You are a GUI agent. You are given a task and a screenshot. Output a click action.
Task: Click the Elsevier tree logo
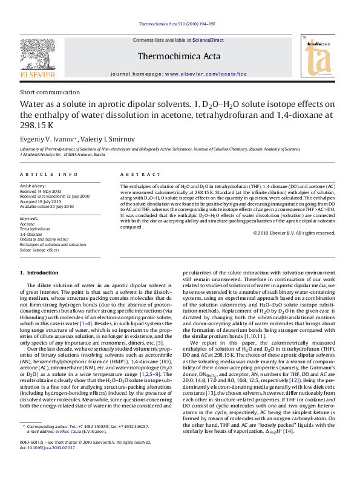38,58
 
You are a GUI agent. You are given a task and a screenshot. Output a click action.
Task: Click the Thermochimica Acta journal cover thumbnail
319,57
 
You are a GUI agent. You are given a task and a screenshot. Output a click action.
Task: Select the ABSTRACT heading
136,174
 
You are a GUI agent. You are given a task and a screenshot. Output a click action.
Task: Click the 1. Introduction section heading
40,273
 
